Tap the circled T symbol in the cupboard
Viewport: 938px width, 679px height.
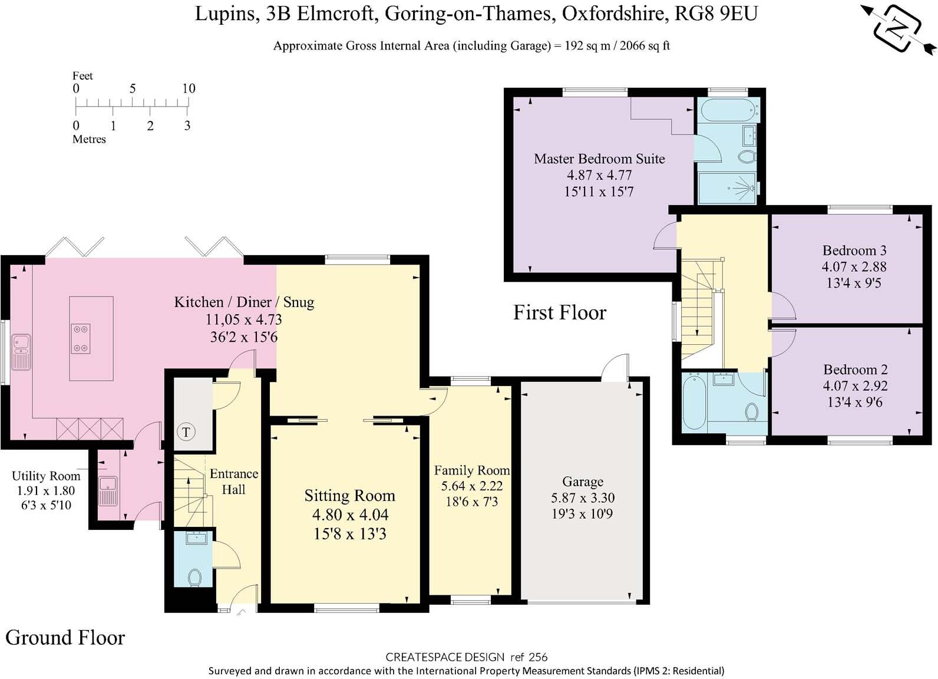pos(186,432)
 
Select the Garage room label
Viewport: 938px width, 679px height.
pos(583,482)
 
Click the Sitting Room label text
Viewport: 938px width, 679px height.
pos(349,496)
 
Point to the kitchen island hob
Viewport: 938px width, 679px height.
pos(81,339)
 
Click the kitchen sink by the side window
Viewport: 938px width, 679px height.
pos(21,352)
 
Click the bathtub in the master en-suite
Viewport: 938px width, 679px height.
pos(729,109)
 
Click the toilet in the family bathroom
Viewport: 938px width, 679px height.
pos(752,412)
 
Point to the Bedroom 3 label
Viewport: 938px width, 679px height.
pos(854,250)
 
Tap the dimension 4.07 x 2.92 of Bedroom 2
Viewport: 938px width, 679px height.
pos(855,386)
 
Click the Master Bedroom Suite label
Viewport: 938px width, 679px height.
pos(599,159)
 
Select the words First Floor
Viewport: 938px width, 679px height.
pos(560,312)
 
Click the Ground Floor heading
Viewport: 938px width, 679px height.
pos(65,638)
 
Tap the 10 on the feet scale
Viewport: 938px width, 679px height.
pos(189,88)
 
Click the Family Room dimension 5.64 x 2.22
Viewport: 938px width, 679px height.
pos(471,486)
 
